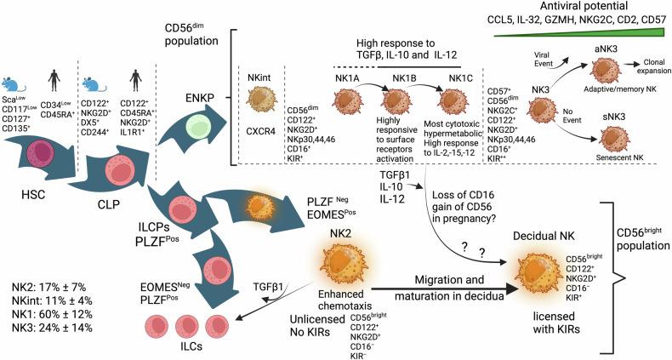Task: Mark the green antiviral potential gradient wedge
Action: pyautogui.click(x=612, y=33)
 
